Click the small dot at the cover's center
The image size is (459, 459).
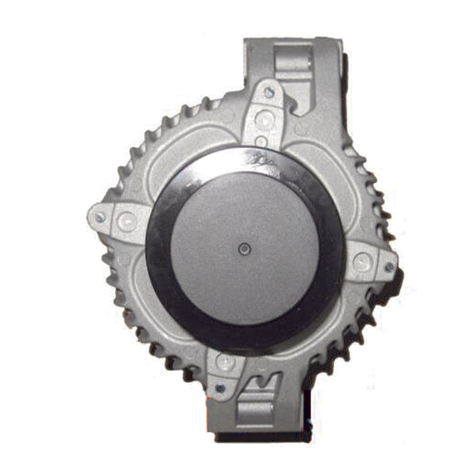[x=243, y=249]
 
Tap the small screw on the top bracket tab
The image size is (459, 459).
[x=269, y=93]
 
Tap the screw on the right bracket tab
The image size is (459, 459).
[x=388, y=268]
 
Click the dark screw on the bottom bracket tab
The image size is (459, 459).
[x=220, y=389]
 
